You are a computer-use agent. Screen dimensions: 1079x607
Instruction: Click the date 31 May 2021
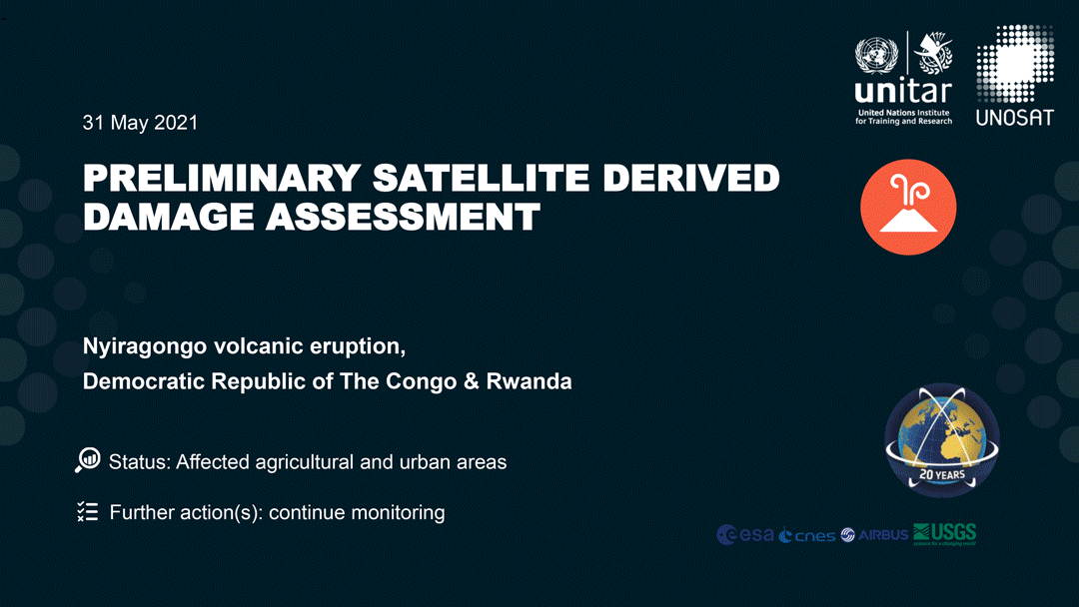coord(141,123)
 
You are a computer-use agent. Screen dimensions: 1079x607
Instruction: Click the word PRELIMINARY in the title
coord(222,178)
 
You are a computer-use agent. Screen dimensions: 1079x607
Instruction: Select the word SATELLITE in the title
coord(481,178)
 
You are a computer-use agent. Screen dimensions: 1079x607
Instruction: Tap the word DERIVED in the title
coord(691,178)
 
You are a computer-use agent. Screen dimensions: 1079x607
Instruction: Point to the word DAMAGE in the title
coord(168,217)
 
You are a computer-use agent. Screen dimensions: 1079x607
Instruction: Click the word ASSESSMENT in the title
coord(403,217)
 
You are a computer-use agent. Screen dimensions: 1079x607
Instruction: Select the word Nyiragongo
coord(145,346)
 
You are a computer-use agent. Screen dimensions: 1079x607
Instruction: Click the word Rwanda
coord(529,380)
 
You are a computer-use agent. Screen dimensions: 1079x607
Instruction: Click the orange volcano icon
coord(908,207)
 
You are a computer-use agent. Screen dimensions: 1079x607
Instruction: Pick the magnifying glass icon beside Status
coord(87,460)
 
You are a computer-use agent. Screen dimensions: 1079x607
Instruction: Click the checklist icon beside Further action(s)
coord(87,511)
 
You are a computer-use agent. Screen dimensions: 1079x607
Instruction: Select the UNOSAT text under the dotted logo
coord(1014,118)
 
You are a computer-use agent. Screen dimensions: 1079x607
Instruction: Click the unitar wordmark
coord(903,91)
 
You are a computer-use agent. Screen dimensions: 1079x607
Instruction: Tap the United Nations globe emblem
coord(876,55)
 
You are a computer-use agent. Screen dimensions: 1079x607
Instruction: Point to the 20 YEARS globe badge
coord(942,440)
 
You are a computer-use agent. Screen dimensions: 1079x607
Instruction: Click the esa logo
coord(745,534)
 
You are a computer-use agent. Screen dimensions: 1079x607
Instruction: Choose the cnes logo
coord(807,535)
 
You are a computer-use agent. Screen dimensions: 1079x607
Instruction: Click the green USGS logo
coord(945,534)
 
